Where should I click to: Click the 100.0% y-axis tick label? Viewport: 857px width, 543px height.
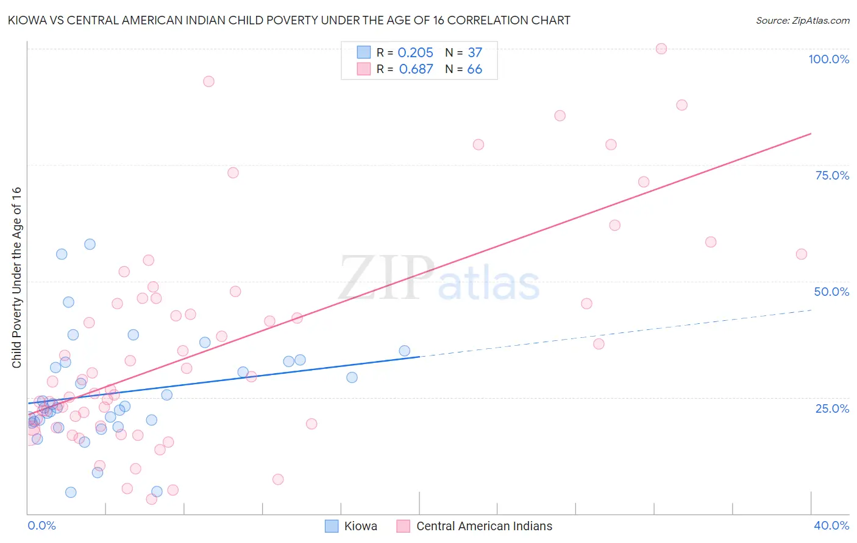click(828, 59)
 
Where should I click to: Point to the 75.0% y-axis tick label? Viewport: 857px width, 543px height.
click(832, 175)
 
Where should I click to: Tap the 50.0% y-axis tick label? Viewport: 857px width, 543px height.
click(831, 292)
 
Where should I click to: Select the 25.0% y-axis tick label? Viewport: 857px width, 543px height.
click(832, 408)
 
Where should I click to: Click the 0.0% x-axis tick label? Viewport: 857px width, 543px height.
click(41, 525)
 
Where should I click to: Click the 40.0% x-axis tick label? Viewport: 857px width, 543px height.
click(831, 525)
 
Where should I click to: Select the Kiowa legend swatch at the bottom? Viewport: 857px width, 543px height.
click(332, 526)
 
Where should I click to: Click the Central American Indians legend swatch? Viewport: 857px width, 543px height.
click(404, 526)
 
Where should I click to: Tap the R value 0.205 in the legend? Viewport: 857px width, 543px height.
click(415, 53)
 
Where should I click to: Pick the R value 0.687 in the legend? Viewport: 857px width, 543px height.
click(416, 69)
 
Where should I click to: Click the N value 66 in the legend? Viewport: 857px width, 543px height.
click(474, 69)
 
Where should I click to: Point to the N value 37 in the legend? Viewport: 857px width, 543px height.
click(475, 53)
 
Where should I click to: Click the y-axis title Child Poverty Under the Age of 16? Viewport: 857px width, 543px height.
click(16, 277)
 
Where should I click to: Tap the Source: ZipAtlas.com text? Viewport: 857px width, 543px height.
click(802, 20)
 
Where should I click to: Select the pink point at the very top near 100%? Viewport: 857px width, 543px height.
click(661, 49)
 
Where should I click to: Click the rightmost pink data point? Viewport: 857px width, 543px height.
click(802, 254)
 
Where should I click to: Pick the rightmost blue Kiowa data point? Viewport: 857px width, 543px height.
click(404, 351)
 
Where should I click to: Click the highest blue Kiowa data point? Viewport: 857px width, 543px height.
click(90, 244)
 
